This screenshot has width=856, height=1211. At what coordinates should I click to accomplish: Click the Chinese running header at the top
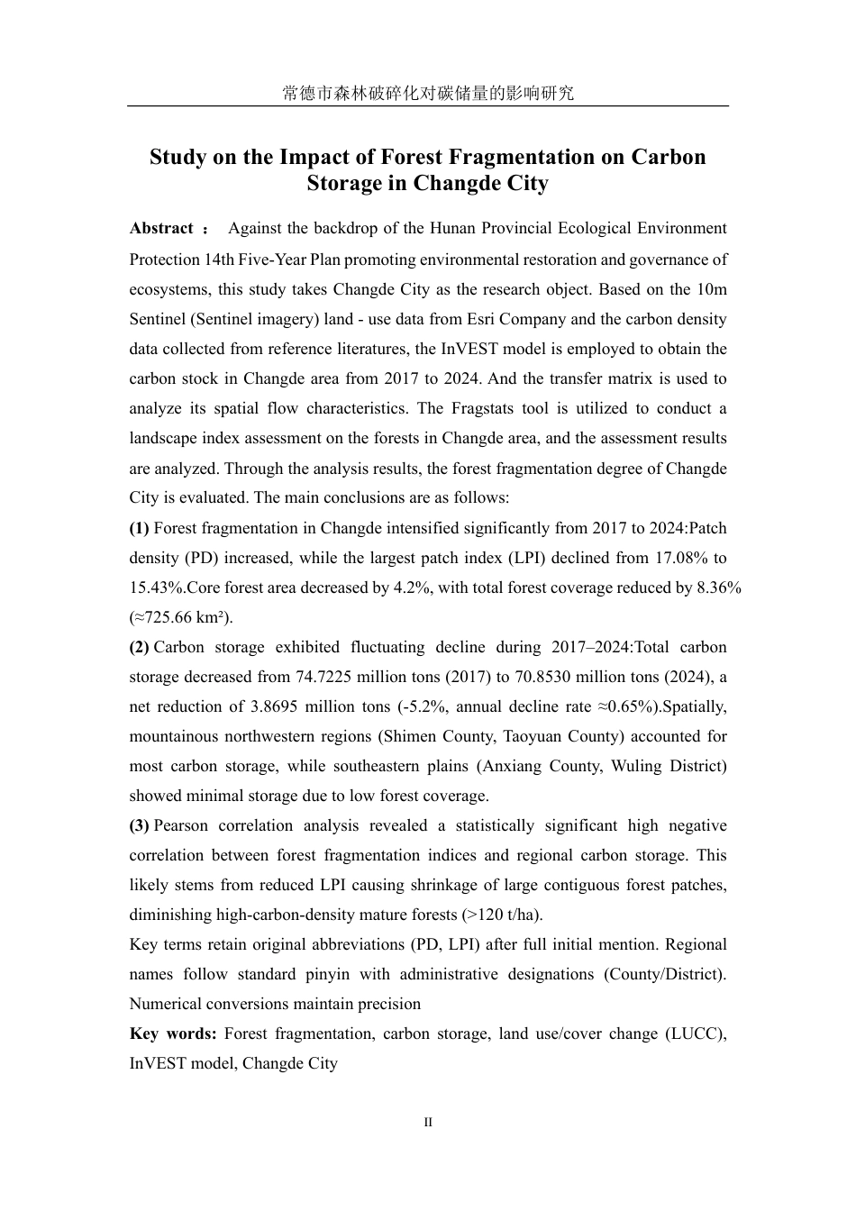[427, 93]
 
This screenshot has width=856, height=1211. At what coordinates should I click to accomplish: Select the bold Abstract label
[161, 229]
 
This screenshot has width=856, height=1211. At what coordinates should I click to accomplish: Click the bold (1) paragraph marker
[139, 528]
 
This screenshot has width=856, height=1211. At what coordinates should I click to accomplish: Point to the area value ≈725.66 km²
[181, 617]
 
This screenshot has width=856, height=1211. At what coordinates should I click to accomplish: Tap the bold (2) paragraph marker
[139, 647]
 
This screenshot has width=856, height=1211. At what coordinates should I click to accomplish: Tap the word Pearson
[181, 825]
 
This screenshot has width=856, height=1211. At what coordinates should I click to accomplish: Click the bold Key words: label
[173, 1033]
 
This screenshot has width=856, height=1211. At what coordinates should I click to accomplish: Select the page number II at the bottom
[428, 1123]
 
